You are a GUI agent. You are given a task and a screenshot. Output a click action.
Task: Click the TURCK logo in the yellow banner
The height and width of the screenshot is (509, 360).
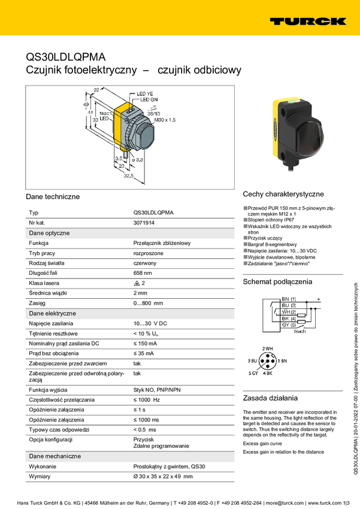(308, 21)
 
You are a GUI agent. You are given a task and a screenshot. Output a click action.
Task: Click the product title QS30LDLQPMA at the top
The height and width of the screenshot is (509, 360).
(65, 57)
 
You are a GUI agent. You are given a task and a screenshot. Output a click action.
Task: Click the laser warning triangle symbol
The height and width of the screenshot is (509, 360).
(137, 283)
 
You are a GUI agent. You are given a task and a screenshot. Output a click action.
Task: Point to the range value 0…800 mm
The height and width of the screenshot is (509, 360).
(148, 304)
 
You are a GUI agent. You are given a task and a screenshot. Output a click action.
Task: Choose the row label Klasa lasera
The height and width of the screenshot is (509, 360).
(47, 283)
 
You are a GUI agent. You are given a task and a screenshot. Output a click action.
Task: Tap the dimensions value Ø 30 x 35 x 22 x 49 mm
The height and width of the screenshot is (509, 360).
(163, 476)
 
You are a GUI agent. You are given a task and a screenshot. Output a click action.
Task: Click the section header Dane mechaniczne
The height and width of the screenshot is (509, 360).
(55, 456)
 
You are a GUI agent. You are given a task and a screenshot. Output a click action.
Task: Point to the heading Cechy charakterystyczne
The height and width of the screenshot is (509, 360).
(283, 194)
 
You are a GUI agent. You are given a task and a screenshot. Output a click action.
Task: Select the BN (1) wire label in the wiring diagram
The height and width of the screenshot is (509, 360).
(289, 298)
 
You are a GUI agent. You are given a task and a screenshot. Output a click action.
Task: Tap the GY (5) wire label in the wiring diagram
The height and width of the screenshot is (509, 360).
(289, 324)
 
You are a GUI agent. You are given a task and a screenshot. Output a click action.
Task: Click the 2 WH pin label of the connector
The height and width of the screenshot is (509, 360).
(267, 349)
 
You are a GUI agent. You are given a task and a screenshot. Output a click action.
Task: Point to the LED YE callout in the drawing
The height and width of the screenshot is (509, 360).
(146, 94)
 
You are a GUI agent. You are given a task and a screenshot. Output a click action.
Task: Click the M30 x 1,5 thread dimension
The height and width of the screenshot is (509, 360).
(165, 120)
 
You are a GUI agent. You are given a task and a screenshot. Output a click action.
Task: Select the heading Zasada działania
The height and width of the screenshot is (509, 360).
(270, 398)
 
